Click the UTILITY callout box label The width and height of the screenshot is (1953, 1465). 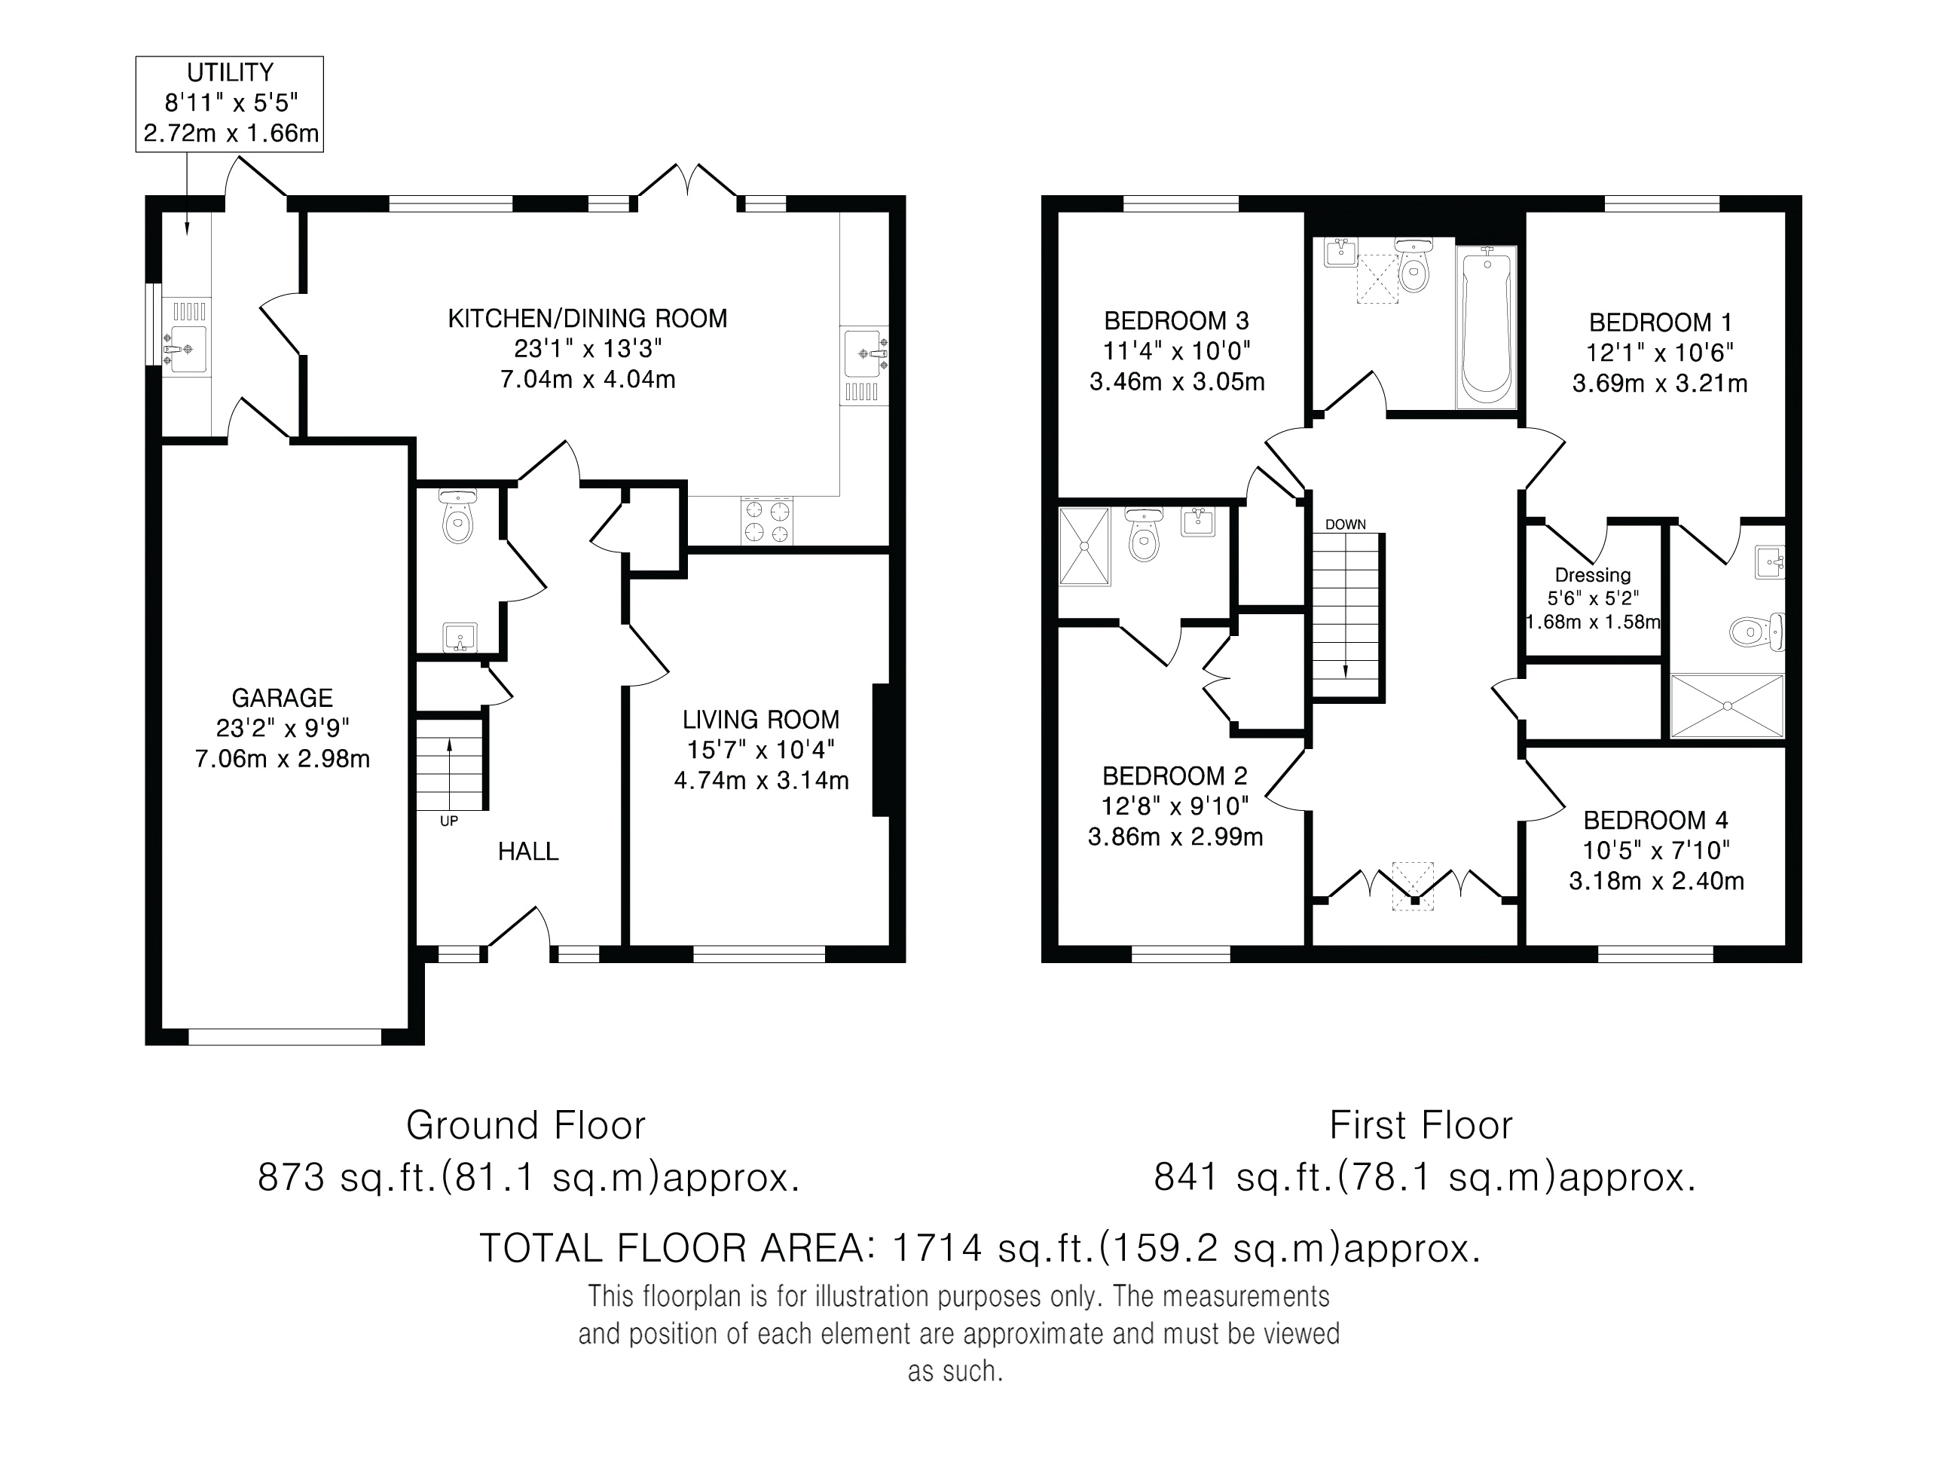[230, 72]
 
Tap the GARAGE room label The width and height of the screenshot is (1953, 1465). [282, 699]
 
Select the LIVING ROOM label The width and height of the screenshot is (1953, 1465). [760, 720]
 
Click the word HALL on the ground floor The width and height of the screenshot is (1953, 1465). [528, 852]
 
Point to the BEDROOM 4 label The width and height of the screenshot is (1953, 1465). [1655, 821]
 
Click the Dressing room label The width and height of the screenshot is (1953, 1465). [1593, 576]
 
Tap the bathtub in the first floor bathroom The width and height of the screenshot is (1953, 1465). [1487, 327]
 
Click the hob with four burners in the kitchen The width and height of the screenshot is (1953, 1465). [767, 521]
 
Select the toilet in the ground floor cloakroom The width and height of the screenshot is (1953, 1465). [457, 515]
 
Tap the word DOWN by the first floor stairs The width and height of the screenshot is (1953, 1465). [1346, 525]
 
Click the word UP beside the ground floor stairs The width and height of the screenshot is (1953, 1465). [448, 821]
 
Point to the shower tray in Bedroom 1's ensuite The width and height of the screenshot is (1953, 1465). [1727, 705]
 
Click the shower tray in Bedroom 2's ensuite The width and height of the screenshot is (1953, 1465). [1084, 546]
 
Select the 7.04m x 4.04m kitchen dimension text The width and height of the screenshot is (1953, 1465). [588, 380]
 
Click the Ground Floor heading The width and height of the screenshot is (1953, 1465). [526, 1126]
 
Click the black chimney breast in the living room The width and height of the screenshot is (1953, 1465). [880, 750]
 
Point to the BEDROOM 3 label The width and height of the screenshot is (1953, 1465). [1177, 320]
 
